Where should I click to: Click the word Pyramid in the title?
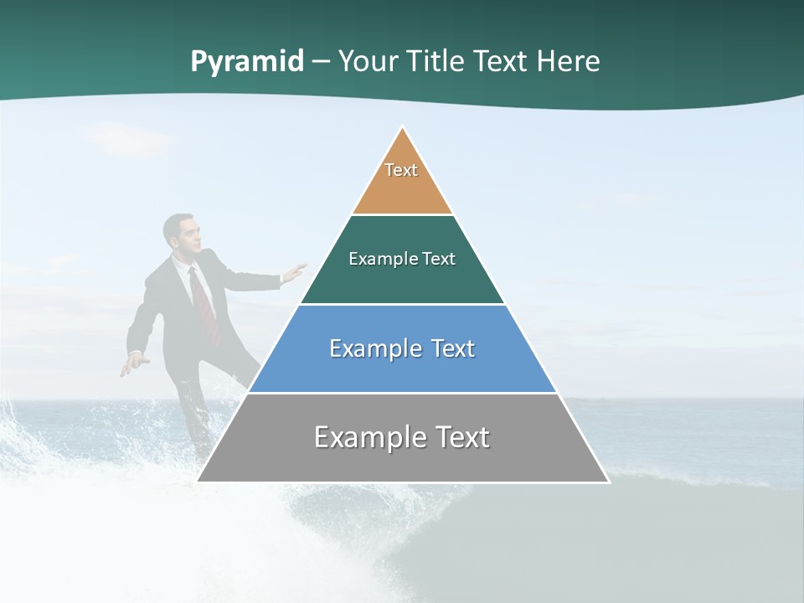pyautogui.click(x=246, y=62)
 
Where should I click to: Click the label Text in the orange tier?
pyautogui.click(x=401, y=170)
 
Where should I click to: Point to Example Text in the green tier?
pyautogui.click(x=402, y=259)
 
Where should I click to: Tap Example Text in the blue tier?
pyautogui.click(x=402, y=348)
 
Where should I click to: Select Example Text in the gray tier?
pyautogui.click(x=402, y=437)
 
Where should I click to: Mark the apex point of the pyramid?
pyautogui.click(x=403, y=128)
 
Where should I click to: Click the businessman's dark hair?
pyautogui.click(x=175, y=222)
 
